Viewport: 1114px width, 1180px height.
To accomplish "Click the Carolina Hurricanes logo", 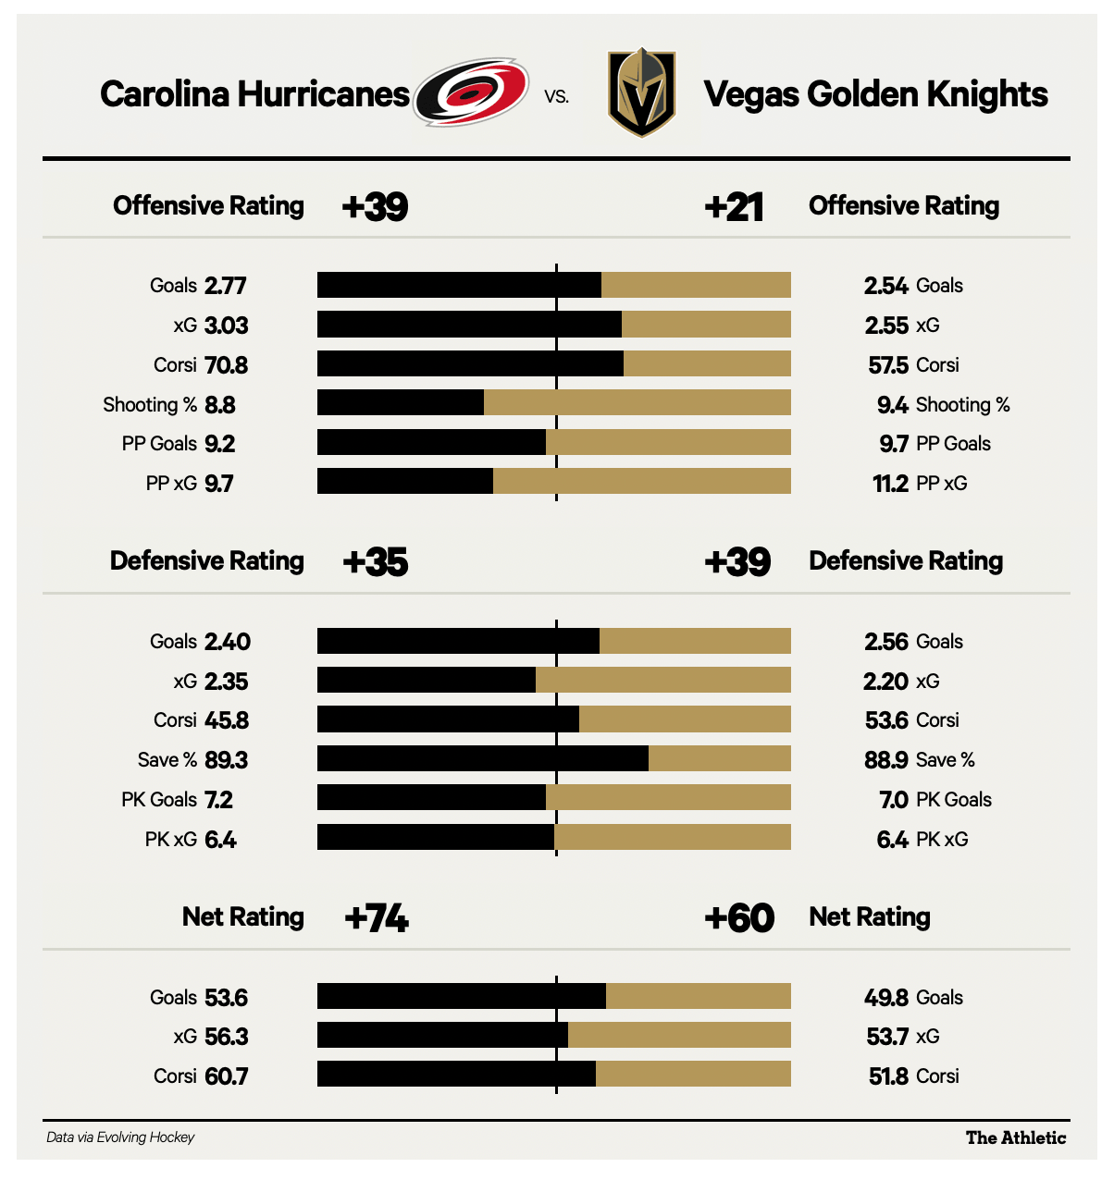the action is [x=471, y=92].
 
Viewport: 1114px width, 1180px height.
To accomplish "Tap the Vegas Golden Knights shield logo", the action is [x=641, y=92].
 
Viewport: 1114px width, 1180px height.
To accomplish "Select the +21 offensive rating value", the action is [x=734, y=207].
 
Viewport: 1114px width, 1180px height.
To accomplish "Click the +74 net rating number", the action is [x=377, y=918].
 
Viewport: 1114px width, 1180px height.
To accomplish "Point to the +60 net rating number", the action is [x=739, y=918].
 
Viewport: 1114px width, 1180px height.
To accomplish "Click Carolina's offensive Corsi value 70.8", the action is [x=226, y=364].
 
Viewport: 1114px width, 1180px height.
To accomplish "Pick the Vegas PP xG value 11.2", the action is [x=890, y=483].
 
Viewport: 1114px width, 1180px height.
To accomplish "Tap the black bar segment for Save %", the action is [x=482, y=758].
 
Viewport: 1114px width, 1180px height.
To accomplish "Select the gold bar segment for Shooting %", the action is [x=637, y=402].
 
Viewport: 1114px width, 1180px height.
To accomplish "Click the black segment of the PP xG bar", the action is [x=405, y=481].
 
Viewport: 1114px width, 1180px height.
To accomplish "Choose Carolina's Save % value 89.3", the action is [x=226, y=760].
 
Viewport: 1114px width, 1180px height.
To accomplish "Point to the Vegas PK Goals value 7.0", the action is [x=894, y=800].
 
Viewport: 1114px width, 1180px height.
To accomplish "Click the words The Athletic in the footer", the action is [x=1015, y=1137].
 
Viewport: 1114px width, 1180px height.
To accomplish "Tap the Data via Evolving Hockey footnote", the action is [x=120, y=1137].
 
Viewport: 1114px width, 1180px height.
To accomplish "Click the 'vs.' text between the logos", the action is [x=557, y=95].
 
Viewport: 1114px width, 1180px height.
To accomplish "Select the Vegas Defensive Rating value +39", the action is [x=737, y=561].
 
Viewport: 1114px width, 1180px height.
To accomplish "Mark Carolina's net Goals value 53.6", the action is [x=226, y=998].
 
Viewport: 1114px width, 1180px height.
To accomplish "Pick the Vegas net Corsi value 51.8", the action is [x=888, y=1076].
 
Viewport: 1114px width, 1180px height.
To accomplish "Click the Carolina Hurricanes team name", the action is [x=254, y=94].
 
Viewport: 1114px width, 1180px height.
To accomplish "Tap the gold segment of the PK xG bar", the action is [x=673, y=837].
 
